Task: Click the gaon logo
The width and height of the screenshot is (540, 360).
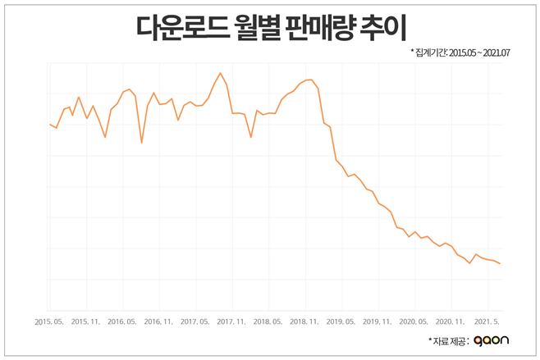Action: tap(491, 340)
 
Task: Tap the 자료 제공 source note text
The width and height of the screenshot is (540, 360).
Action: tap(448, 340)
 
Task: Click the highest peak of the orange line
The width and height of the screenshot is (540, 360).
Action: tap(220, 73)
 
